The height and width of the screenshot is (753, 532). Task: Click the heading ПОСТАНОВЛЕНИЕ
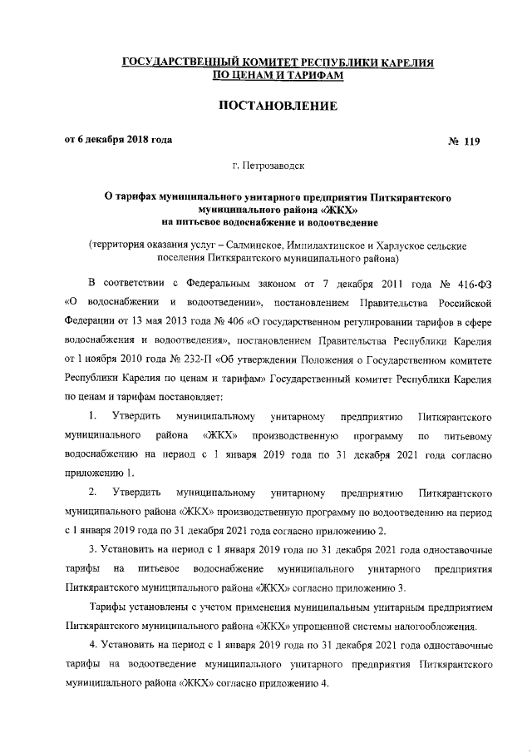coord(265,107)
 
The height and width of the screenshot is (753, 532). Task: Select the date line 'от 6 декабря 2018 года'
coord(119,140)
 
